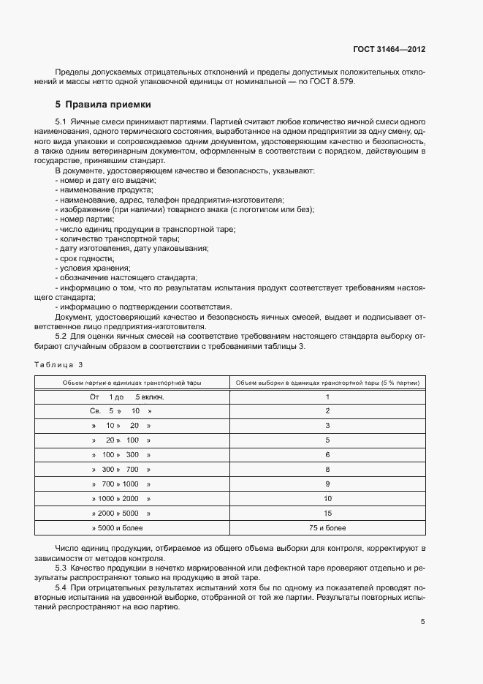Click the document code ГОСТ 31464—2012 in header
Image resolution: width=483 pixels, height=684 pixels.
(x=387, y=50)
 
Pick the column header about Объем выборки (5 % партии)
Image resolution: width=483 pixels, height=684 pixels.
(x=327, y=383)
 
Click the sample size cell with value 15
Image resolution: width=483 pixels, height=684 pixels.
(x=327, y=513)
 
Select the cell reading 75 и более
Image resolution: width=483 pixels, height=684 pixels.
(x=327, y=527)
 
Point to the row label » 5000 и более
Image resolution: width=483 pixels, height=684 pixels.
(x=118, y=527)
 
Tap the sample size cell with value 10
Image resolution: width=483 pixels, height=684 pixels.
(x=327, y=498)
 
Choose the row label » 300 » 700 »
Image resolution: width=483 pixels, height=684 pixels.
(x=121, y=469)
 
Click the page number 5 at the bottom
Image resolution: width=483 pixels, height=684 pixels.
(x=422, y=622)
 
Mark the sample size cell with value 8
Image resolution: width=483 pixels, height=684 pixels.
(x=327, y=469)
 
